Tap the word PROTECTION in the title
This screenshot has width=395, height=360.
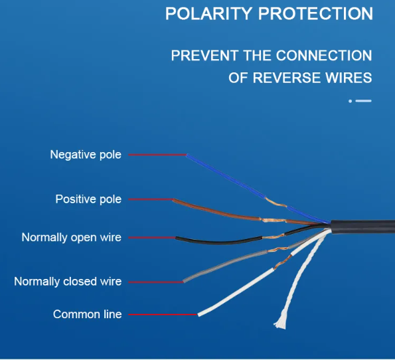tap(315, 13)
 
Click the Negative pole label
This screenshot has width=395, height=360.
tap(86, 155)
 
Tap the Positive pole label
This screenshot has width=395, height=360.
tap(88, 199)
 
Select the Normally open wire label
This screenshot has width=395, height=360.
tap(72, 238)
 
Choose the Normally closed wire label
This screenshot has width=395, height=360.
tap(68, 282)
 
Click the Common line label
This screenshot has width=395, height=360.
tap(88, 314)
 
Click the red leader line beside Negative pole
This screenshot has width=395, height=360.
tap(157, 155)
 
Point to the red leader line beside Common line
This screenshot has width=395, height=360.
tap(163, 315)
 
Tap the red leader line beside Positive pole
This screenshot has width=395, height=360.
tap(151, 199)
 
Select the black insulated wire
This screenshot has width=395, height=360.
tap(218, 242)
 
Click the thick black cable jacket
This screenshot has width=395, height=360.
tap(362, 227)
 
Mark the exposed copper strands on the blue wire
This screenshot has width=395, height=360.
tap(276, 203)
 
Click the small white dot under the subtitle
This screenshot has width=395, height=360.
tap(350, 101)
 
